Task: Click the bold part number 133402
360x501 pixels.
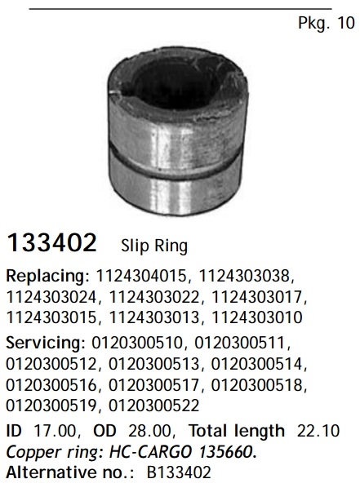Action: point(51,242)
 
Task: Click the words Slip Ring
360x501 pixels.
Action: point(154,246)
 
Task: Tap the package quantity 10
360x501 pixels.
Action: point(346,23)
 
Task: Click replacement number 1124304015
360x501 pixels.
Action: point(141,276)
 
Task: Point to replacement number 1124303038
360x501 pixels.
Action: point(244,276)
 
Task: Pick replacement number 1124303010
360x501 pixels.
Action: point(257,317)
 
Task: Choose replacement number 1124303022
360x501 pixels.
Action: point(154,296)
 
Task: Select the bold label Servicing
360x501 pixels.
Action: point(46,343)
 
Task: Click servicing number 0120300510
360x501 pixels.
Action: point(136,343)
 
